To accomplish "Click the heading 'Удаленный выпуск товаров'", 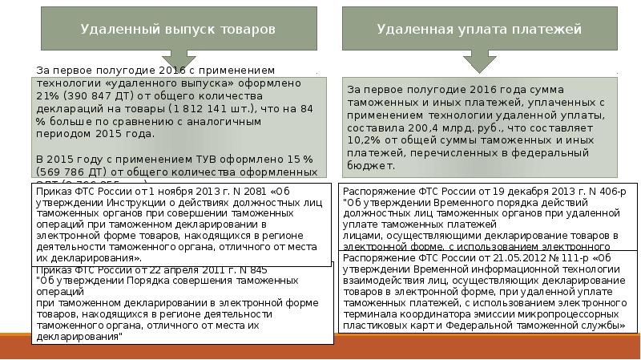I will tap(178, 29).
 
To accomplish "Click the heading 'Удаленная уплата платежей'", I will tap(479, 29).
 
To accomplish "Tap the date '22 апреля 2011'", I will tap(181, 270).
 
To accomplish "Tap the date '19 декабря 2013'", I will tap(520, 192).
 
